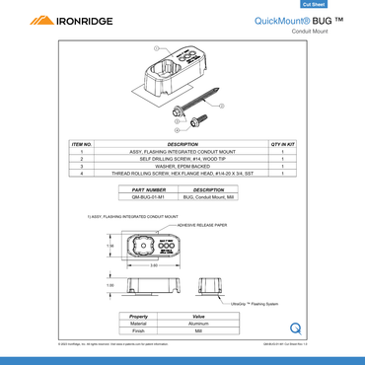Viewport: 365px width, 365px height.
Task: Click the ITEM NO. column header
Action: (x=82, y=144)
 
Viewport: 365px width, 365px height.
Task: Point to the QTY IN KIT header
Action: (x=282, y=144)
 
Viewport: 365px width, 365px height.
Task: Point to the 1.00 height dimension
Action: (x=110, y=284)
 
